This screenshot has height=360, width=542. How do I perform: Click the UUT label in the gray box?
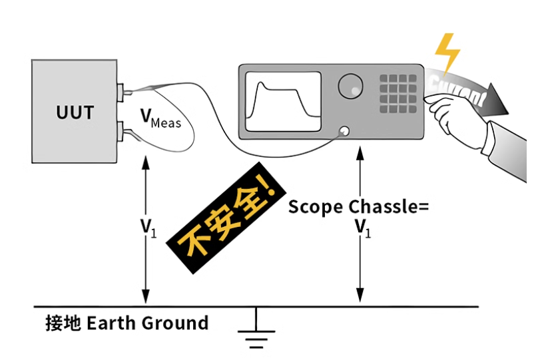click(75, 111)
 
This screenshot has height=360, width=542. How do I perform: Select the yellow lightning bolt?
click(447, 52)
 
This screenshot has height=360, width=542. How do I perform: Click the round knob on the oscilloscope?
click(350, 85)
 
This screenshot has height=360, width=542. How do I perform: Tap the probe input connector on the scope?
click(345, 130)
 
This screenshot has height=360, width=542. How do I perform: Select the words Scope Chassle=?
click(358, 206)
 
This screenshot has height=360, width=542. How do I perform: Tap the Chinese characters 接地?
click(63, 324)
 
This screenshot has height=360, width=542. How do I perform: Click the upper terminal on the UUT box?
click(122, 92)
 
